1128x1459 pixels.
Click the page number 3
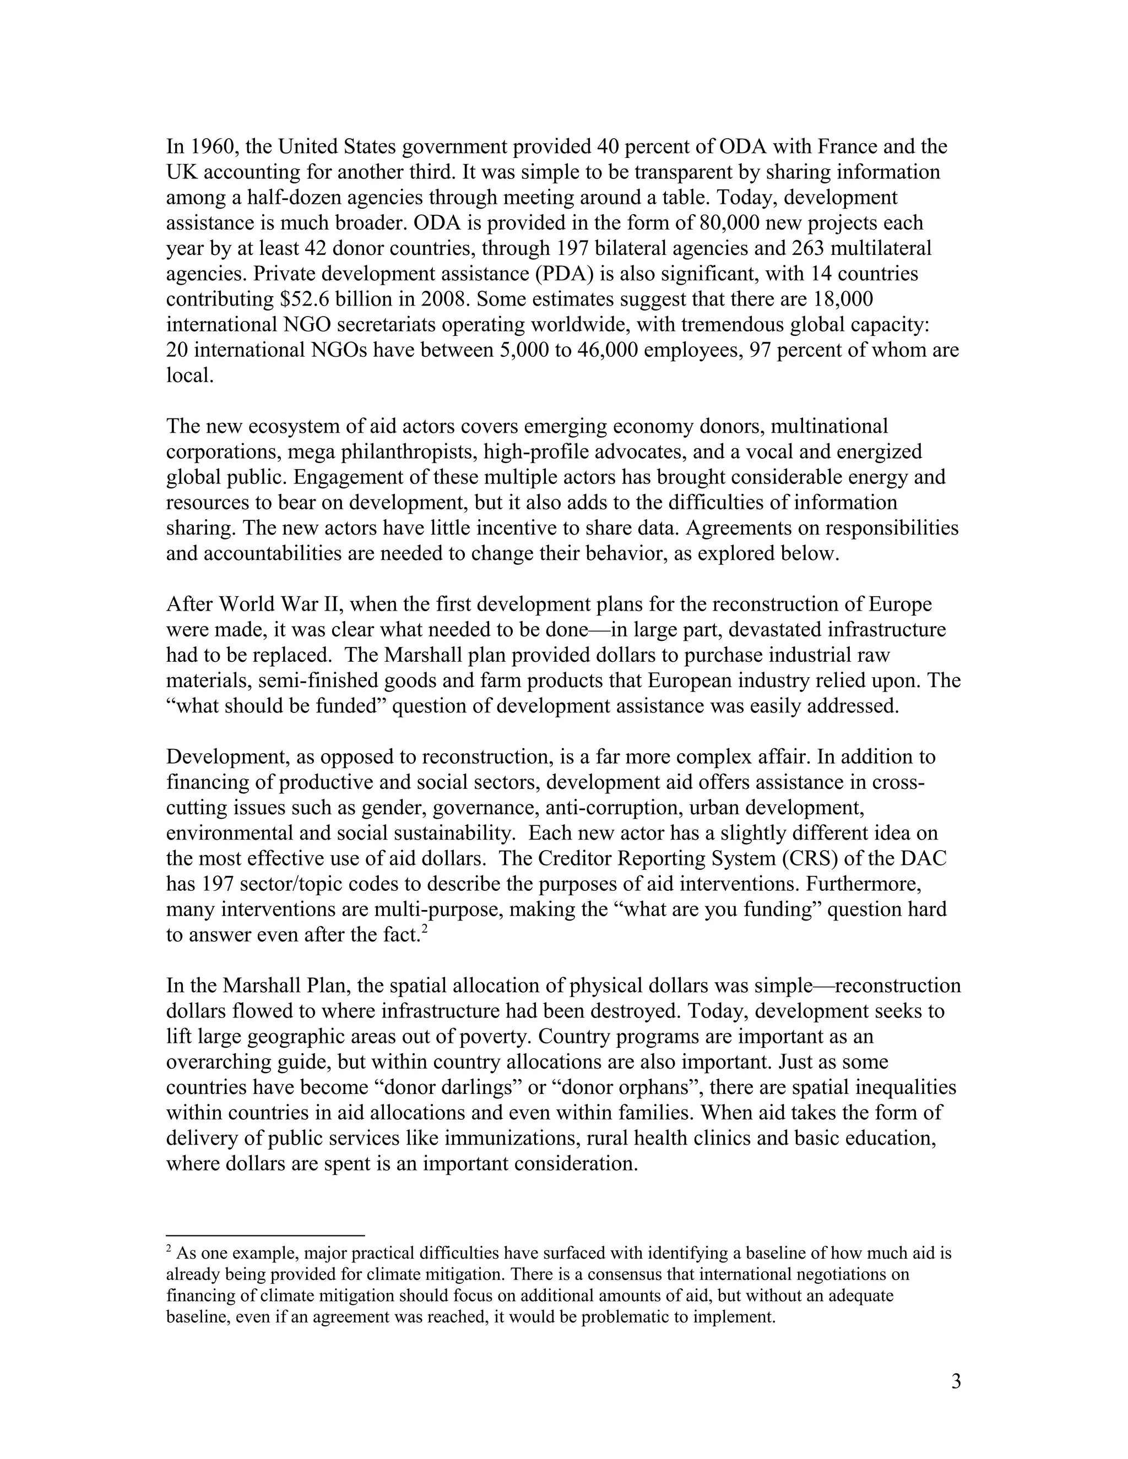click(x=956, y=1381)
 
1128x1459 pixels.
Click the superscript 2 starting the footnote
click(x=170, y=1249)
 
